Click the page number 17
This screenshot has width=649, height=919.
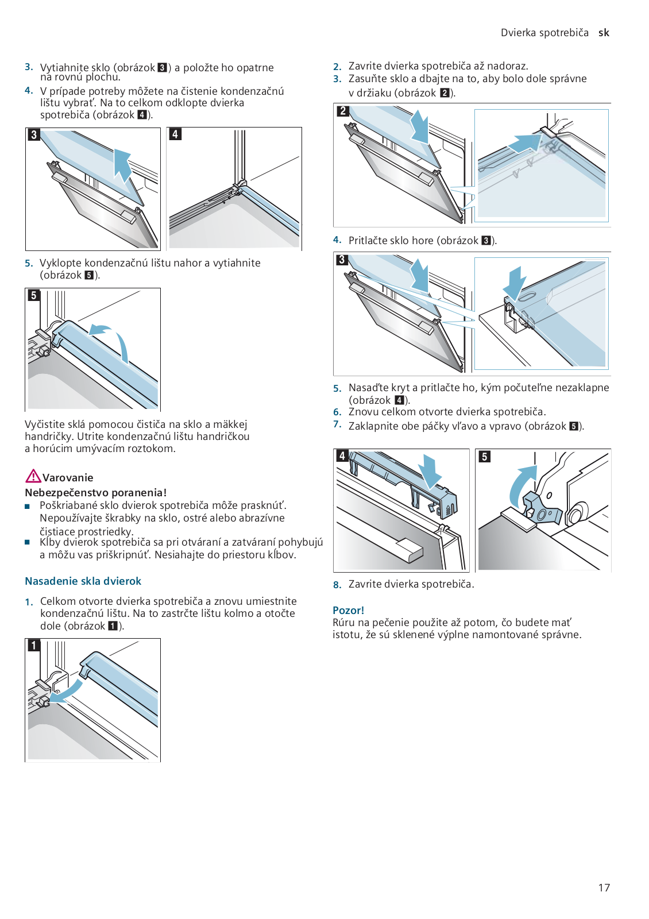(604, 887)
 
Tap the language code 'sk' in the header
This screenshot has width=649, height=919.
(604, 33)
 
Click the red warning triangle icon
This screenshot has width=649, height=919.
(33, 476)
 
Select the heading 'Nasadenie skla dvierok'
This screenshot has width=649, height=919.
(83, 581)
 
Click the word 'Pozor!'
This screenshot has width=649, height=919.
(348, 610)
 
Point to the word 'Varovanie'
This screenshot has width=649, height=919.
(68, 478)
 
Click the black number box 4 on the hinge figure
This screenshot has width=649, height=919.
(175, 134)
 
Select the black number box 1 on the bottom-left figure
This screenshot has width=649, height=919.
(34, 646)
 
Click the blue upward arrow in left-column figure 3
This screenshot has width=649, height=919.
(122, 164)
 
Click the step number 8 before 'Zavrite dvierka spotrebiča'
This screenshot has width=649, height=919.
(337, 585)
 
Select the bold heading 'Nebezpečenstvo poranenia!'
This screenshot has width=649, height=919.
(95, 493)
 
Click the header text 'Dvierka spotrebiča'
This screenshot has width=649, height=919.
(544, 33)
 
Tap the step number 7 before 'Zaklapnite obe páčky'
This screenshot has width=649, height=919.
(337, 424)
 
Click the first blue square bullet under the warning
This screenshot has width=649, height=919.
(27, 507)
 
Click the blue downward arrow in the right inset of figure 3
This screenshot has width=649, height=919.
(516, 281)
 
